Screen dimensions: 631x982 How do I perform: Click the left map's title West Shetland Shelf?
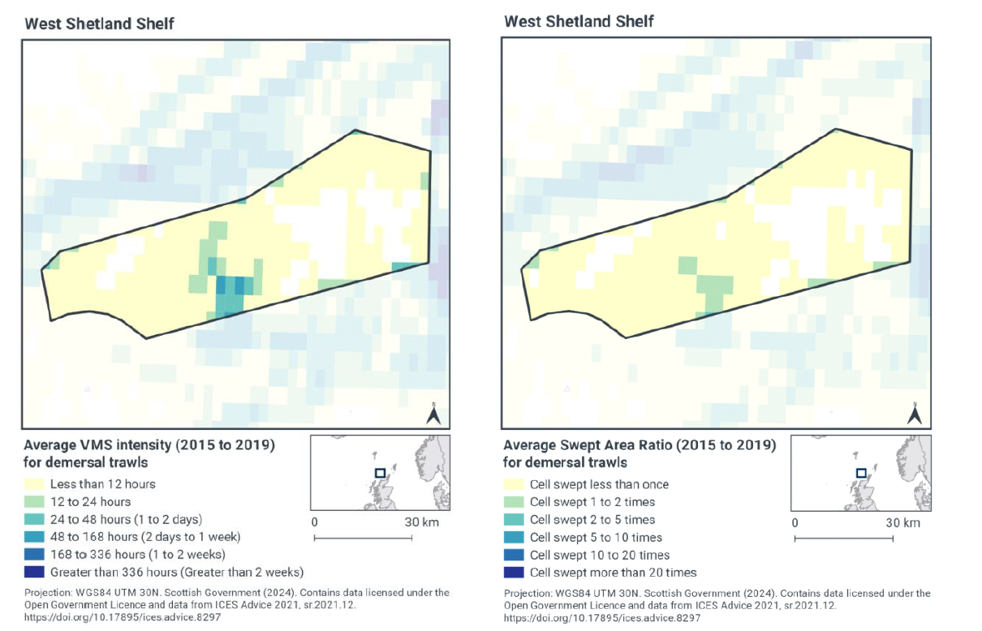pos(99,23)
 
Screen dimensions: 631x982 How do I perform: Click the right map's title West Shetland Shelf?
pos(579,21)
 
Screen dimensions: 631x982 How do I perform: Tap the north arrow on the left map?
pos(434,414)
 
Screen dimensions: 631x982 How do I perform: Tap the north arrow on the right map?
pos(914,414)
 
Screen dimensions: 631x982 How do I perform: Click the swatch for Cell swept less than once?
pos(515,484)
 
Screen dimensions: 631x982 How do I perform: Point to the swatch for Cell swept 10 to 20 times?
pos(515,556)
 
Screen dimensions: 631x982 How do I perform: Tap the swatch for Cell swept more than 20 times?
pos(515,573)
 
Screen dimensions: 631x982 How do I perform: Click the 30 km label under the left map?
pos(421,522)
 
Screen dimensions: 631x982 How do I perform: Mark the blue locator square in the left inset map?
pos(380,473)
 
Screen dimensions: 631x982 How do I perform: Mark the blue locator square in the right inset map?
pos(861,473)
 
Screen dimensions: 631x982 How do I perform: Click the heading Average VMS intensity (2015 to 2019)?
pos(149,445)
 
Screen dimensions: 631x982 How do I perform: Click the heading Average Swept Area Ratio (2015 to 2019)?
pos(640,445)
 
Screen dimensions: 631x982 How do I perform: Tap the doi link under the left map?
pos(123,616)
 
